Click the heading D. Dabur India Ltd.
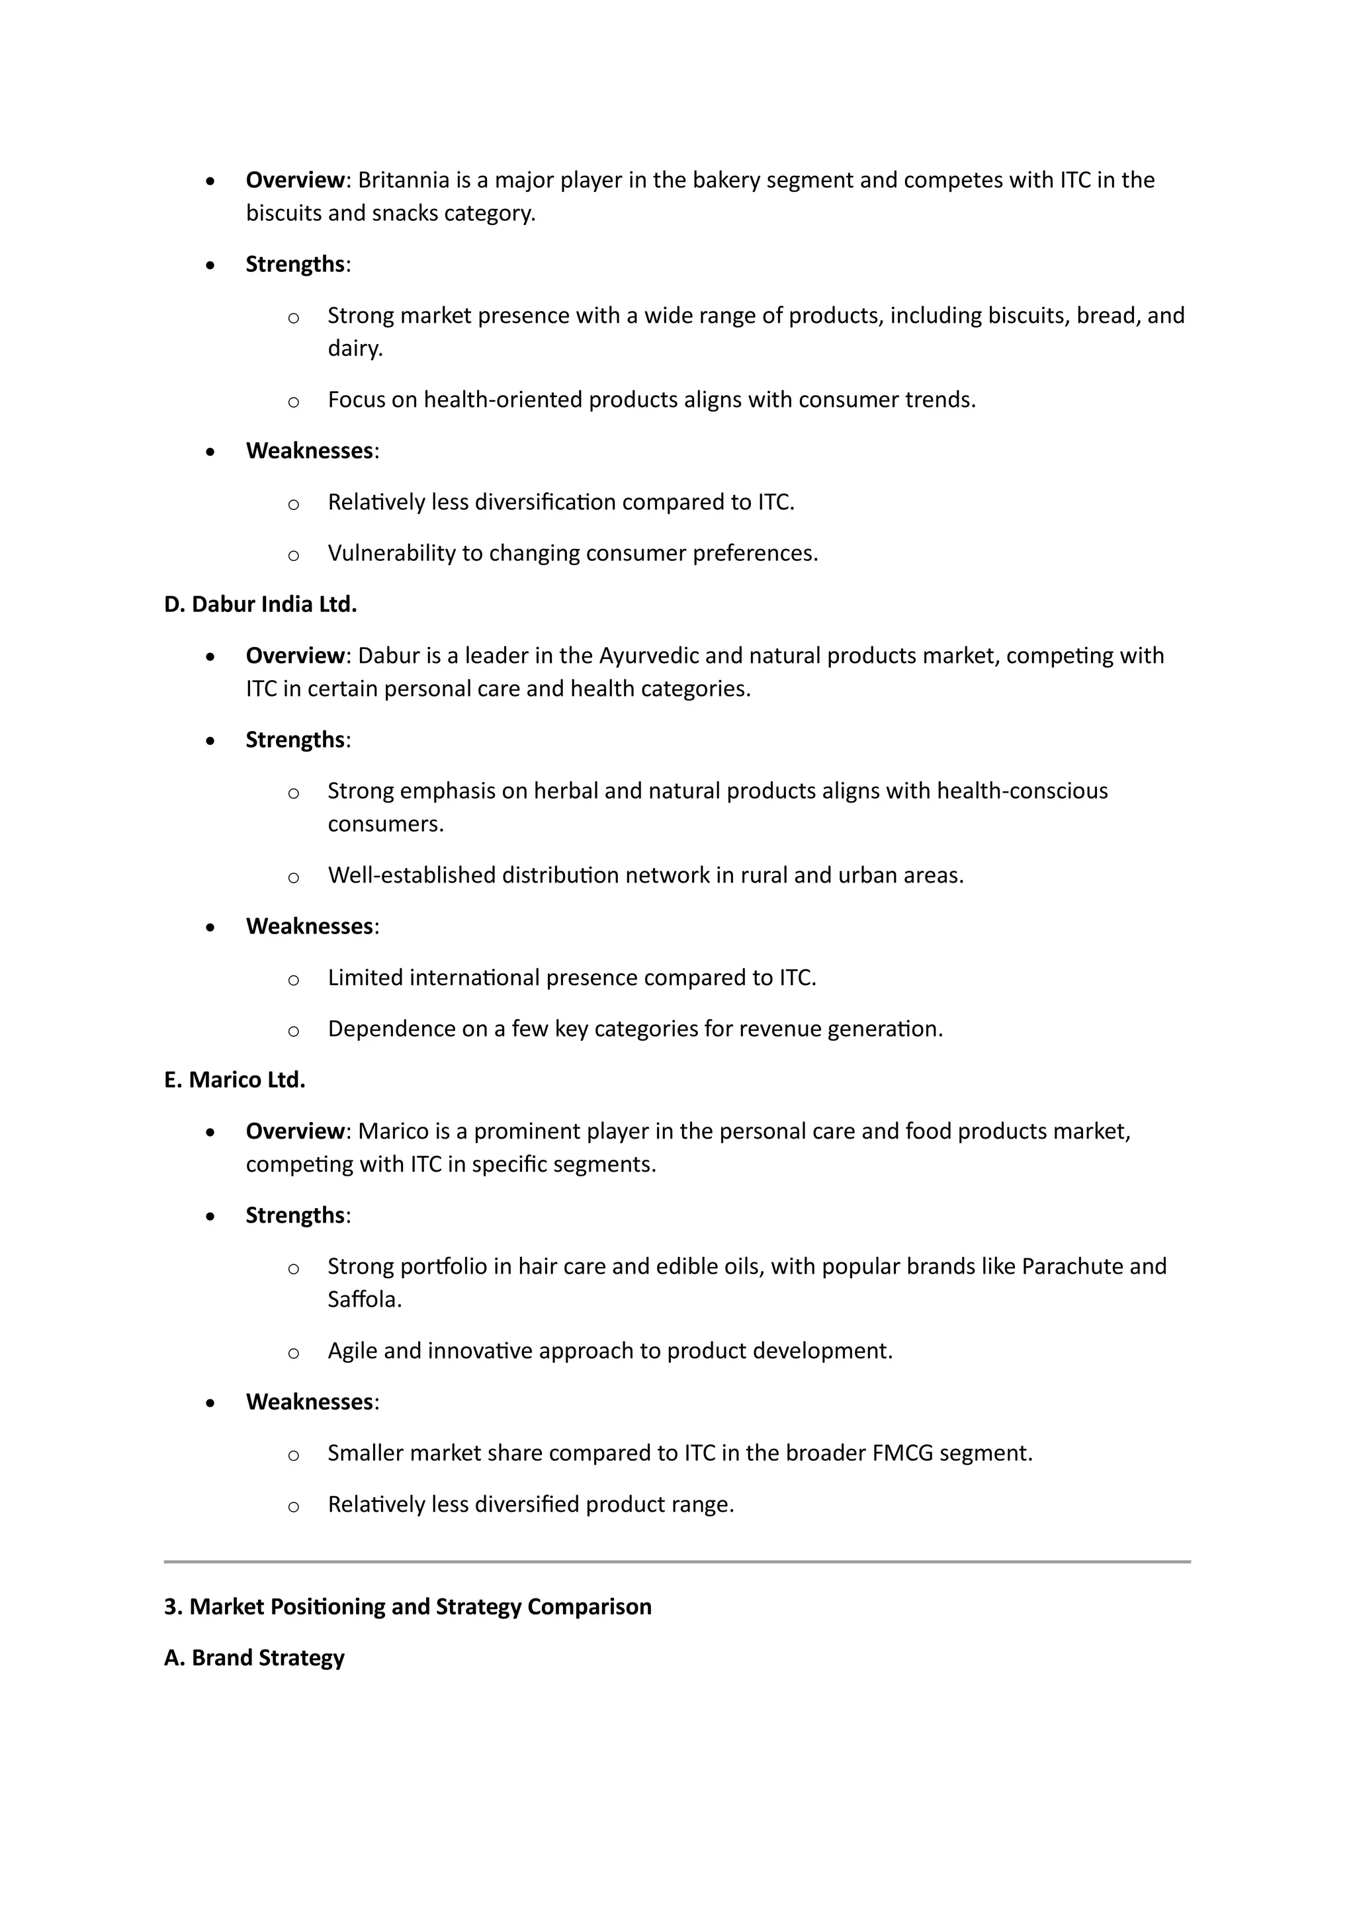tap(260, 604)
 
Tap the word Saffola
tap(364, 1299)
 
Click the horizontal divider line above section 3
tap(677, 1561)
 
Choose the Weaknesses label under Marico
tap(309, 1402)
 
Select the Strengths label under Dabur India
tap(294, 740)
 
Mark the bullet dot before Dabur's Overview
tap(210, 657)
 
